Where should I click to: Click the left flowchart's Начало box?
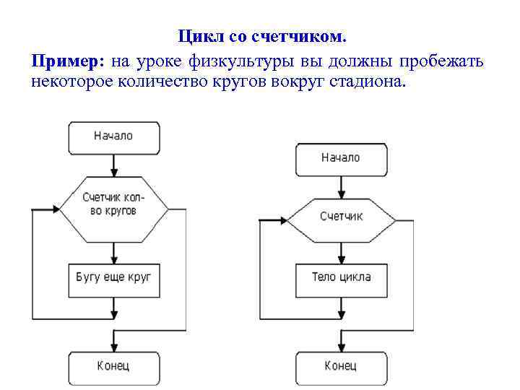pos(113,136)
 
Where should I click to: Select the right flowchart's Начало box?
pos(341,157)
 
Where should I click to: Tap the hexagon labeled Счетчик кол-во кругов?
pos(113,205)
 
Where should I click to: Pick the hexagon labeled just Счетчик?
pos(341,217)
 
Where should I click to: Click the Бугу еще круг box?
pos(113,278)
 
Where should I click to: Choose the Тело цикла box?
pos(341,277)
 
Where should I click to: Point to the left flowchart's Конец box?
pos(113,366)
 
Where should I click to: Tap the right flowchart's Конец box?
pos(341,366)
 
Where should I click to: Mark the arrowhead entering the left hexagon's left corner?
pos(55,209)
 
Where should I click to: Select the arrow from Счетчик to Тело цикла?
pos(341,253)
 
